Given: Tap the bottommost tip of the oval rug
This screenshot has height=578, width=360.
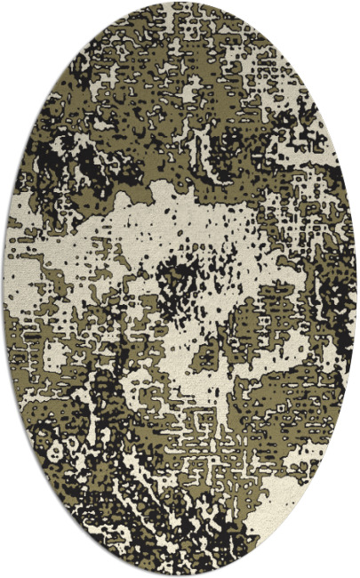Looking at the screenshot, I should [180, 574].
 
